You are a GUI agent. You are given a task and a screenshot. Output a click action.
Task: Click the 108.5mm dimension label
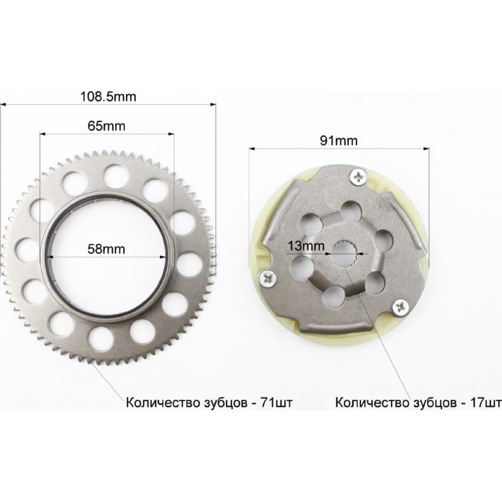pos(108,97)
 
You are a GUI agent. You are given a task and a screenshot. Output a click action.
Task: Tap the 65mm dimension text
pos(106,126)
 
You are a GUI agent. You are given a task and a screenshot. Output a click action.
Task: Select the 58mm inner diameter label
pos(106,249)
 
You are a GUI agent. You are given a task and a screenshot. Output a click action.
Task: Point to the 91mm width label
pos(339,141)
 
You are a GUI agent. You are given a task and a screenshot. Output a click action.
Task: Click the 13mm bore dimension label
pos(306,246)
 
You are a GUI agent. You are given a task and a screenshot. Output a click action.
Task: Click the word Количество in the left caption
pos(163,402)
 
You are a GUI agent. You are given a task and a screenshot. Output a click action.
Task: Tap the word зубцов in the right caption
pos(435,403)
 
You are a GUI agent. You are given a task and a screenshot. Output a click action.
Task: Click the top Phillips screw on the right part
pos(358,176)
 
